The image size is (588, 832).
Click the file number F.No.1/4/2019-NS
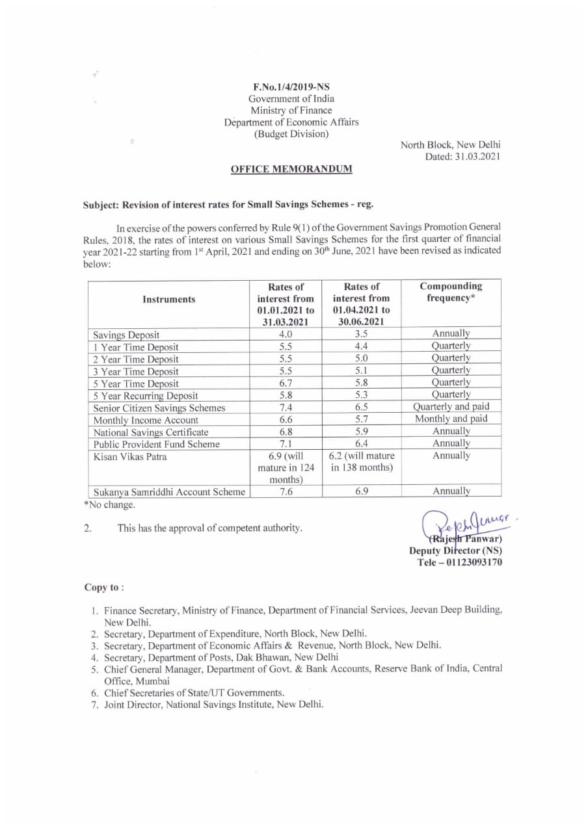click(291, 86)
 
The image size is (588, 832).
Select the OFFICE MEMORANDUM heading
click(291, 170)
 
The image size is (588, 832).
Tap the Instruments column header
click(168, 299)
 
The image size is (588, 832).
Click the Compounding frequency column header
click(451, 292)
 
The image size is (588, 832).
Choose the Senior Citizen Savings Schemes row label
click(159, 408)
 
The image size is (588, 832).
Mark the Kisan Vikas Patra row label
click(130, 456)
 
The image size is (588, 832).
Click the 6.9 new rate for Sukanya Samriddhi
click(362, 492)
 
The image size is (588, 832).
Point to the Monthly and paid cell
click(451, 419)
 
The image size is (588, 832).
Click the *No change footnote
click(110, 505)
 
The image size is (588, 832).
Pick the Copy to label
click(104, 588)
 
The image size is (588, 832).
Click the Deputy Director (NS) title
click(455, 551)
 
